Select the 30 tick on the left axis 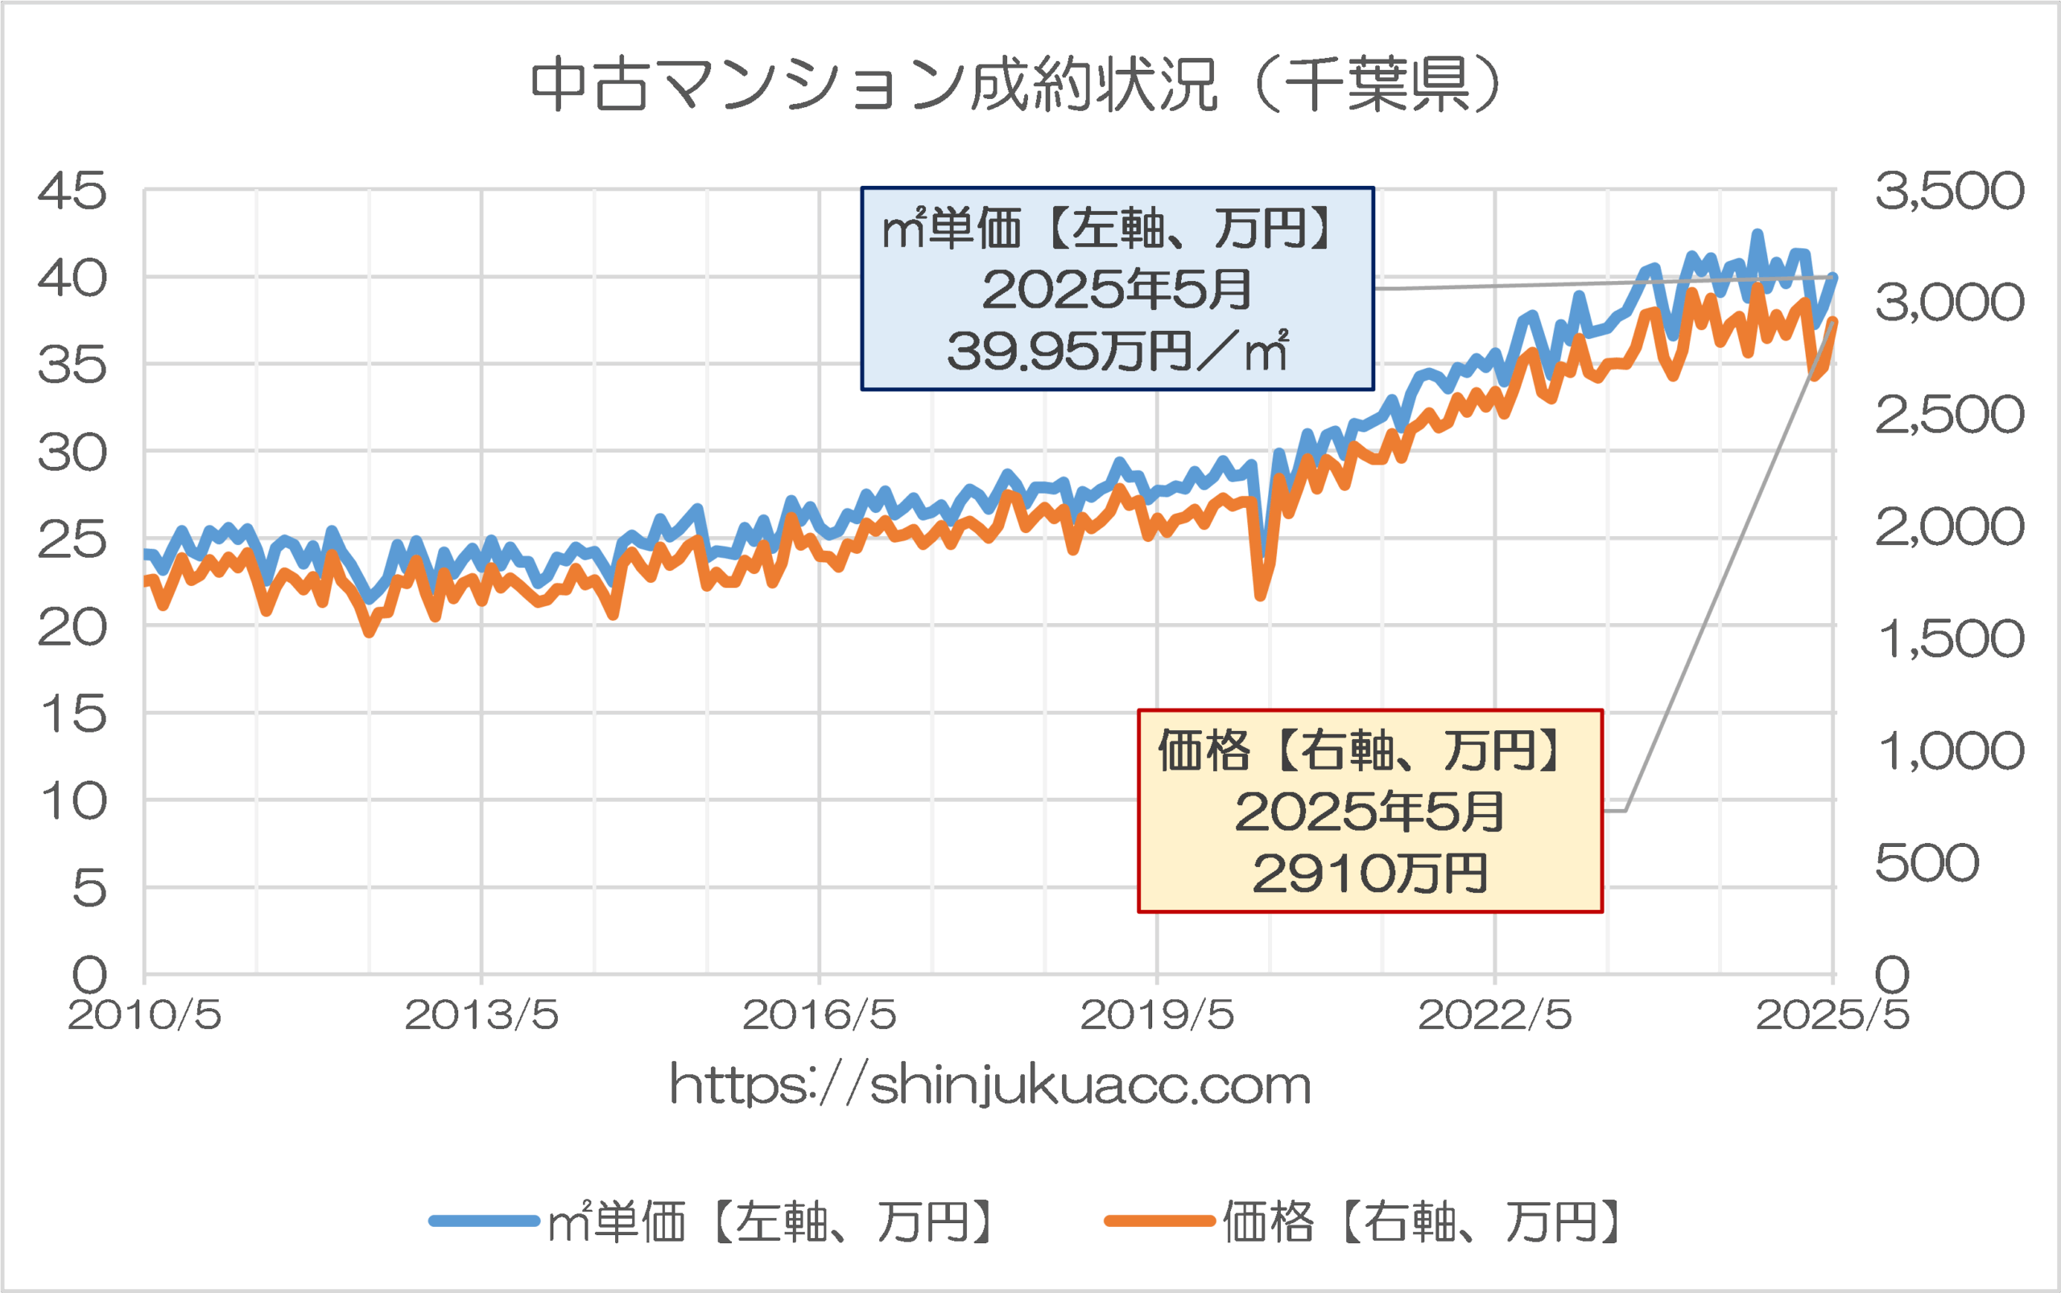(x=72, y=452)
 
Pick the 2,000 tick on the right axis (x=1949, y=526)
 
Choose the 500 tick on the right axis (x=1927, y=862)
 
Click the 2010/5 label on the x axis (x=145, y=1015)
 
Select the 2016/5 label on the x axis (x=820, y=1015)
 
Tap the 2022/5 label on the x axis (x=1495, y=1015)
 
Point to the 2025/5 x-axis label (x=1832, y=1015)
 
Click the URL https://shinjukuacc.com (x=990, y=1085)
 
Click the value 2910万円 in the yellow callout (x=1370, y=874)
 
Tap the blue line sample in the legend (x=484, y=1221)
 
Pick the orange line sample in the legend (x=1159, y=1221)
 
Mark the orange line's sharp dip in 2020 (x=1261, y=594)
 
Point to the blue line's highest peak (x=1757, y=233)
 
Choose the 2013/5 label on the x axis (x=481, y=1015)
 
